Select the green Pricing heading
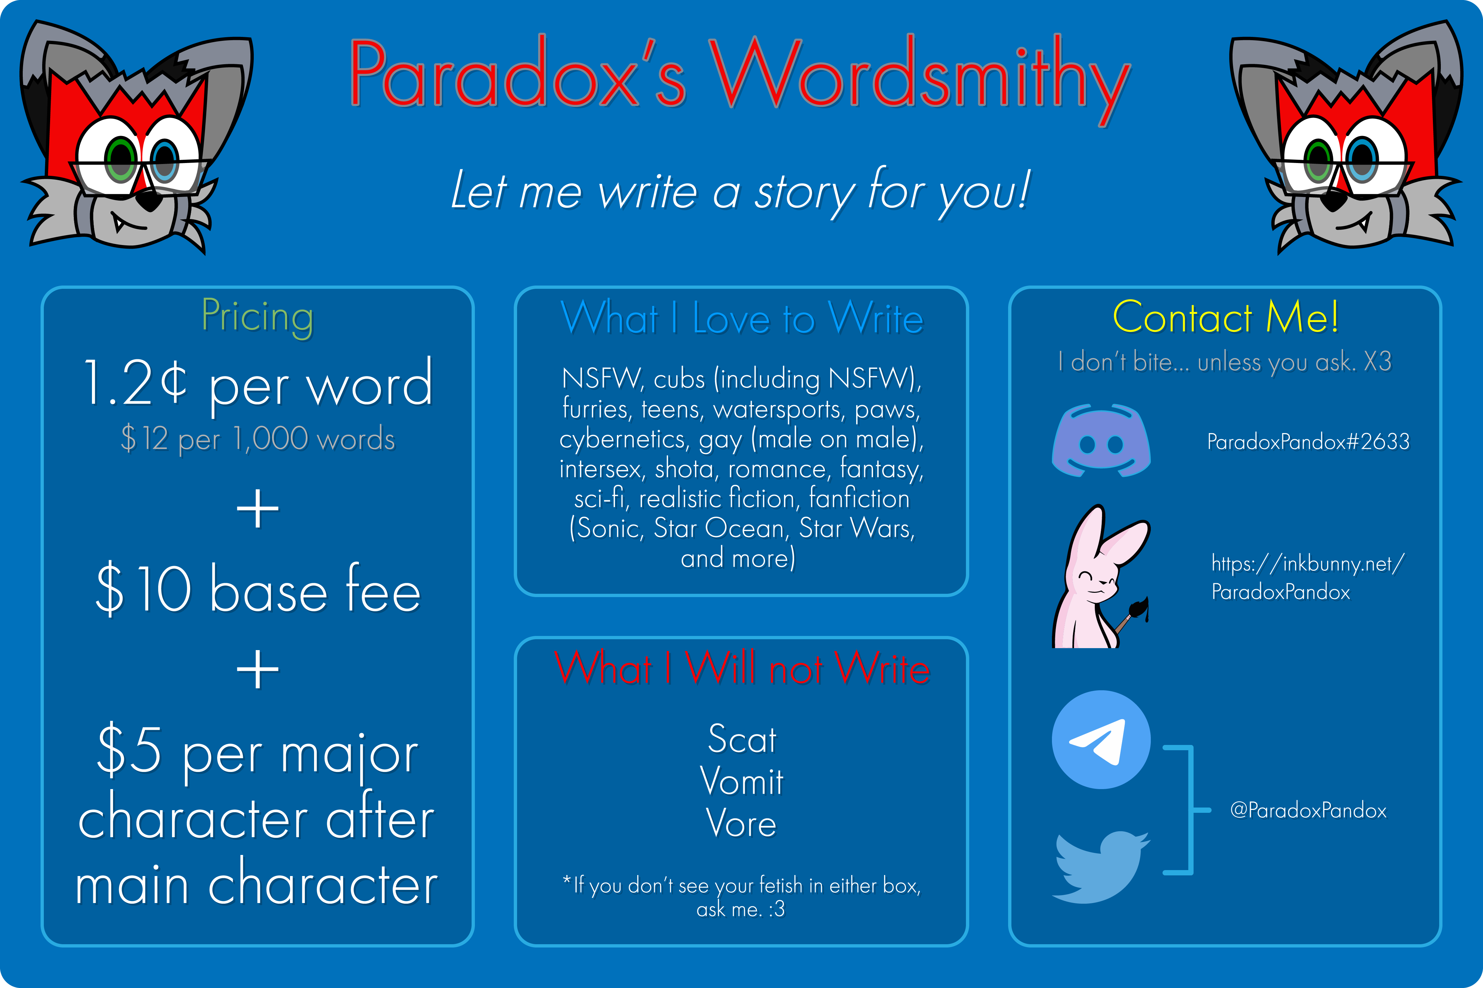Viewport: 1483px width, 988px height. [x=257, y=317]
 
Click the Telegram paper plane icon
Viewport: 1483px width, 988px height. [x=1101, y=739]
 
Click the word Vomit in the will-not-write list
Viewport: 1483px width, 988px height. [x=741, y=781]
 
